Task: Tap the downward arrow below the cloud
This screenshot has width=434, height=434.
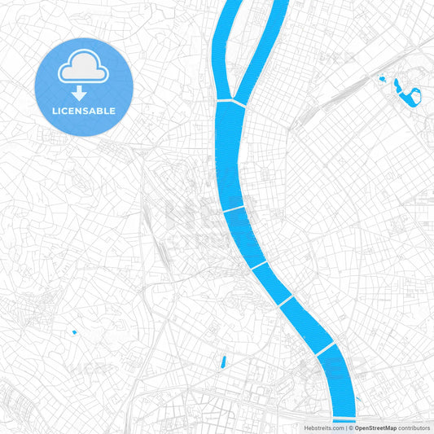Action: coord(84,91)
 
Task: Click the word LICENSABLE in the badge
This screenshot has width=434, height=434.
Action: coord(84,111)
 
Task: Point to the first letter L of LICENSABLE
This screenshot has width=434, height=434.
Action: coord(54,111)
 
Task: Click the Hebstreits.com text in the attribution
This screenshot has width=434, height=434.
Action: coord(324,427)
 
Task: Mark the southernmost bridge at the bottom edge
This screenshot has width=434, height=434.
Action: coord(344,420)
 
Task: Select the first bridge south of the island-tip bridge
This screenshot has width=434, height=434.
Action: coord(235,209)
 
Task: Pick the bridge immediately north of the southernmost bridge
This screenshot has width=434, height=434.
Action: coord(324,349)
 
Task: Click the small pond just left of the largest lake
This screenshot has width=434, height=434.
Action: coord(381,79)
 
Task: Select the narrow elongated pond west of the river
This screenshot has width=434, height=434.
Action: coord(222,361)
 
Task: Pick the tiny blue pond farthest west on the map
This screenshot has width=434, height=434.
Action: coord(74,332)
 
